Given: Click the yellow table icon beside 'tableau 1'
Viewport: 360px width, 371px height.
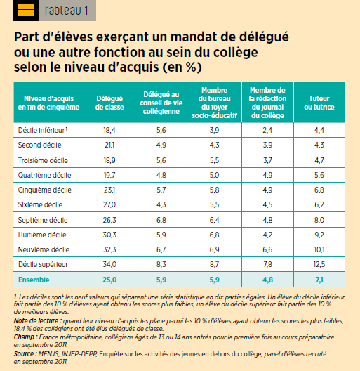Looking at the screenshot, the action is tap(26, 11).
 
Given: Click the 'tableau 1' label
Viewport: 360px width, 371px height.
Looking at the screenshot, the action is tap(67, 11).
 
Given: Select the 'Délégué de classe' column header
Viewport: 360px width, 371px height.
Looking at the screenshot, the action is tap(109, 103).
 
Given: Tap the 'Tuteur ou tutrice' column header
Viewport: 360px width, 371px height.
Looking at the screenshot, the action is tap(319, 103).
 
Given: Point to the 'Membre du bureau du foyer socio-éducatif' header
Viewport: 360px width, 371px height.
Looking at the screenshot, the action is tap(215, 103).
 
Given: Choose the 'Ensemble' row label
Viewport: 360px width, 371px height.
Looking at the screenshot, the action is tap(34, 280).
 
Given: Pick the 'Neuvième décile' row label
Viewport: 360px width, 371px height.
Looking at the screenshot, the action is tap(44, 249).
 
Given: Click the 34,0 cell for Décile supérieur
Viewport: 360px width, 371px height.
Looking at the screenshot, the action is tap(109, 264).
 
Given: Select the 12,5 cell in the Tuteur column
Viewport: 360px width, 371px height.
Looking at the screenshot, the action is tap(319, 264).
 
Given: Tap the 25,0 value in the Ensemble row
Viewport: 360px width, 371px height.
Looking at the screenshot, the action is tap(109, 280).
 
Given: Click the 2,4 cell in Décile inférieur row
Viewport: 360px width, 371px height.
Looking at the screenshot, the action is tap(267, 130).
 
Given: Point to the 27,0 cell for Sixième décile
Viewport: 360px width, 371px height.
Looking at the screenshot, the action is tap(109, 204).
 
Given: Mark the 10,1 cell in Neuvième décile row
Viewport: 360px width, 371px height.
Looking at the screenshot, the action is tap(319, 249).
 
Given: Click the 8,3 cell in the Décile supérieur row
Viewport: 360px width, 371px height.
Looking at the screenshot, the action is tap(161, 264).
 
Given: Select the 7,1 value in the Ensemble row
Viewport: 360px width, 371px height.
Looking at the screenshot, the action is tap(319, 280).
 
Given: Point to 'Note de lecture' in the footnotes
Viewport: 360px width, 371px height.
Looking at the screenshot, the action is tap(36, 321).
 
